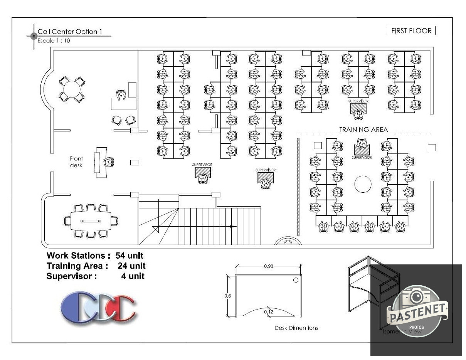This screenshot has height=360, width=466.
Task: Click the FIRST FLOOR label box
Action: (411, 31)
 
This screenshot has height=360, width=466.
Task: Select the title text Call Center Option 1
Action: (70, 32)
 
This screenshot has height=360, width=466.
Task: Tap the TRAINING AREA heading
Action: (363, 130)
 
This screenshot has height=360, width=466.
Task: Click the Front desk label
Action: (76, 162)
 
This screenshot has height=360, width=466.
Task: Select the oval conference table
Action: (91, 220)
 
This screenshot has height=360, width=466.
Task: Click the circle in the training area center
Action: (363, 184)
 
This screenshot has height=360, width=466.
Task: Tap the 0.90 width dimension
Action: (269, 266)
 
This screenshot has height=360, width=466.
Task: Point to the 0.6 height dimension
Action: (228, 296)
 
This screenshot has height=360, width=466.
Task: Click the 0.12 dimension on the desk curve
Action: (269, 311)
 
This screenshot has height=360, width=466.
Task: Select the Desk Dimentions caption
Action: (296, 328)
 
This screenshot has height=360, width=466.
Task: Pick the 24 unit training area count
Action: (132, 266)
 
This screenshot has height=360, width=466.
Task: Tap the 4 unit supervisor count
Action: (133, 276)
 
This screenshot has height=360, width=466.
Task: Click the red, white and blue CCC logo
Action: (98, 307)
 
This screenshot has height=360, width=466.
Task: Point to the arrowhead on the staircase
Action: (233, 227)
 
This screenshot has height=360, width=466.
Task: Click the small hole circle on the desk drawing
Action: (296, 280)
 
